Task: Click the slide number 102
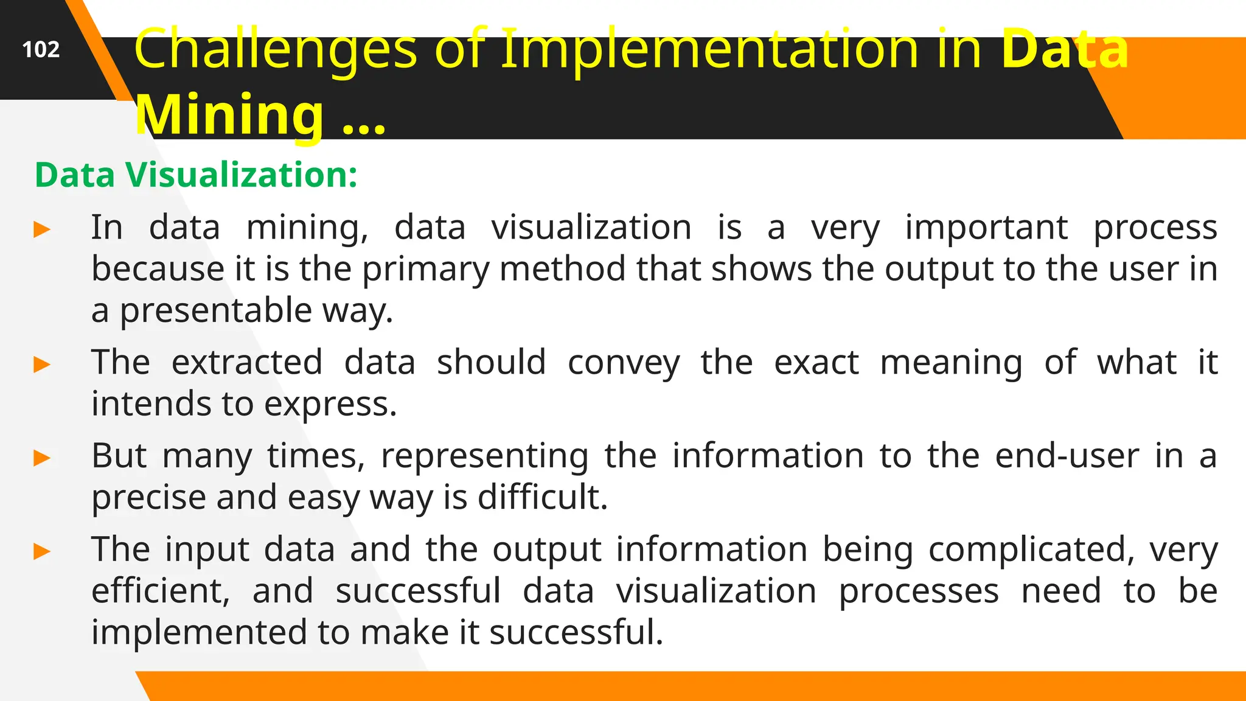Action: pos(41,49)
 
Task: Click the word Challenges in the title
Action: pos(275,49)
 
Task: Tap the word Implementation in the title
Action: pos(709,49)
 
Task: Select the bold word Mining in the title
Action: pos(230,115)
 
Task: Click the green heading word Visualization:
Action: pos(242,175)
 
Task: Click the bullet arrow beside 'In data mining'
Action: pos(42,230)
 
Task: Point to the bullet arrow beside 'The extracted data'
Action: pos(42,365)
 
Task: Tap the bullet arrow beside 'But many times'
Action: pos(42,458)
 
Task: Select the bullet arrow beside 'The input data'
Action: pos(42,552)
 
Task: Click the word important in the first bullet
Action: pos(986,228)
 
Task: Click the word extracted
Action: pos(247,363)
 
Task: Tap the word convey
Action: pos(624,363)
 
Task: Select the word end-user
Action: pos(1067,456)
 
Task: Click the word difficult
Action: pos(543,497)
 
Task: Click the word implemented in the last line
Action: pos(199,632)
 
